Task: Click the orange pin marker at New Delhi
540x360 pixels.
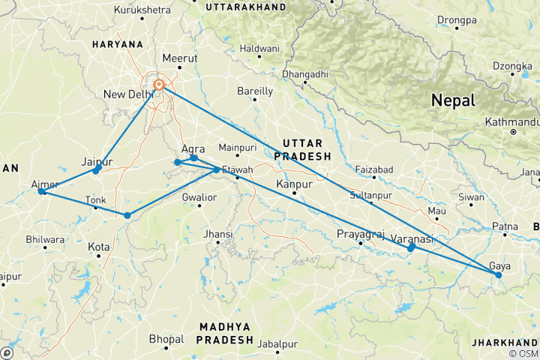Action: click(x=159, y=85)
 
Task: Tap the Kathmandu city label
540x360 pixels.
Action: click(x=512, y=121)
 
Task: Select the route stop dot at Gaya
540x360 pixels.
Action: click(x=498, y=275)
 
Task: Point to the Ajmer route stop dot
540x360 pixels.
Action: click(x=41, y=191)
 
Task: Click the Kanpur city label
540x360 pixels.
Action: click(x=294, y=183)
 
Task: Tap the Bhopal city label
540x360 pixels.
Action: click(x=166, y=339)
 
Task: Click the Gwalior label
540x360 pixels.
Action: click(x=200, y=197)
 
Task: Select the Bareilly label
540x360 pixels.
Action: click(x=255, y=91)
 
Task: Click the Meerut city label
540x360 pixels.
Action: click(x=180, y=58)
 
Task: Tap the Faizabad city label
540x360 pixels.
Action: click(x=373, y=170)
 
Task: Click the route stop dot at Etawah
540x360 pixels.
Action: click(x=217, y=169)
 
